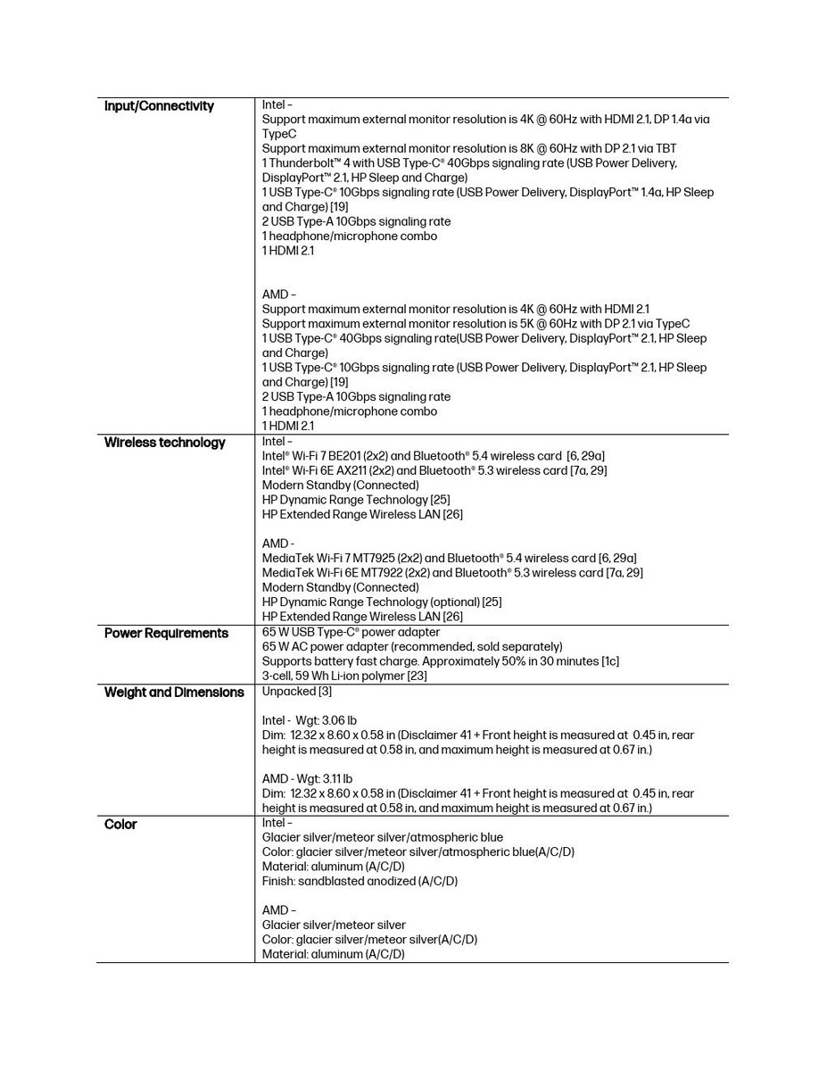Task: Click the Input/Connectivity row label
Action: coord(159,106)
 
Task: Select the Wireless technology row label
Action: coord(164,443)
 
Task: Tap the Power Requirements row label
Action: coord(166,634)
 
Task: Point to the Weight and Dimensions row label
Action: coord(174,693)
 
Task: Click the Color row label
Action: coord(120,825)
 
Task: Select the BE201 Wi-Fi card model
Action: coord(342,456)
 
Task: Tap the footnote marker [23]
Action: coord(417,677)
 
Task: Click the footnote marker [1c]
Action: coord(609,661)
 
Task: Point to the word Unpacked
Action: coord(288,692)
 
